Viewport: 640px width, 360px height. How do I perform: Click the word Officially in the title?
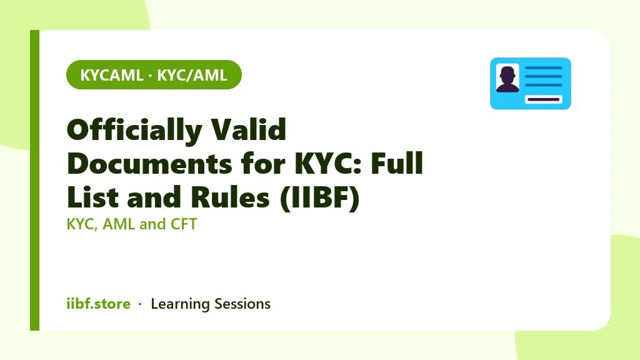tap(134, 130)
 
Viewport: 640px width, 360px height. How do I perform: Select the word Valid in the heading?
tap(248, 129)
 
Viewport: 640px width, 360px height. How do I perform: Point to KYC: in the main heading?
tap(329, 164)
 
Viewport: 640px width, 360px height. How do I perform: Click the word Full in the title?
tap(397, 163)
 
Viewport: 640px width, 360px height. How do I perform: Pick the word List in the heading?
tap(92, 197)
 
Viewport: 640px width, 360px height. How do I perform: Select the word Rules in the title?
tap(230, 197)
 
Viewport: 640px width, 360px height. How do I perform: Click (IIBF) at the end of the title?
tap(320, 198)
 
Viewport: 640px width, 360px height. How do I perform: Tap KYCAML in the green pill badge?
tap(111, 76)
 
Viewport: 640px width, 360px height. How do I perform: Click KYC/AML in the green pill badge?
tap(192, 76)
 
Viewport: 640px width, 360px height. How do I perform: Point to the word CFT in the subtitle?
tap(184, 224)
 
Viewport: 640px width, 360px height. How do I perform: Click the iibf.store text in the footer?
tap(98, 304)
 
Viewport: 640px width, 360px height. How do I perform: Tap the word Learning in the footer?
tap(180, 304)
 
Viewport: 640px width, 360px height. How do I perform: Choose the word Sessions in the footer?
tap(242, 304)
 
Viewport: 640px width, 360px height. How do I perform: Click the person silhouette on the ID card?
tap(507, 79)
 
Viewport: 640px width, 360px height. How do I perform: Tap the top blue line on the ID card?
tap(543, 68)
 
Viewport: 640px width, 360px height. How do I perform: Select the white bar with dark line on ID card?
tap(543, 99)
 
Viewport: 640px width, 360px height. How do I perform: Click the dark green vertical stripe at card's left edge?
tap(35, 180)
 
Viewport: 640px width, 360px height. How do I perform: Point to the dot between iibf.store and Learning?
tap(140, 304)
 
